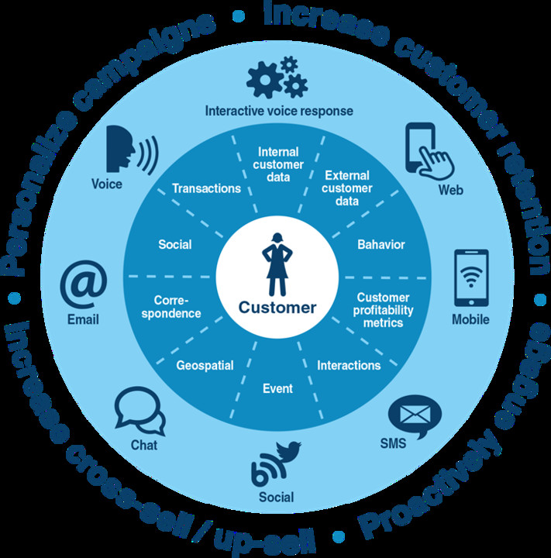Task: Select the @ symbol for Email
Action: pyautogui.click(x=83, y=284)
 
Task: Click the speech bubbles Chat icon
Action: pyautogui.click(x=140, y=411)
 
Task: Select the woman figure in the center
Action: pyautogui.click(x=277, y=263)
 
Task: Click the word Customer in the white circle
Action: pyautogui.click(x=277, y=308)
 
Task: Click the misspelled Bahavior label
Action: pyautogui.click(x=381, y=245)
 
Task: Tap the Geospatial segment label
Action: pyautogui.click(x=205, y=365)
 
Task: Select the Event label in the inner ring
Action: pyautogui.click(x=277, y=388)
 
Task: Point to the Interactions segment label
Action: pyautogui.click(x=349, y=365)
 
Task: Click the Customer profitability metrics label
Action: pyautogui.click(x=383, y=310)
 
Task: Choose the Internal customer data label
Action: pyautogui.click(x=277, y=164)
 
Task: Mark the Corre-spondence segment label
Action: pyautogui.click(x=177, y=306)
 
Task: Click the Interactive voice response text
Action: pyautogui.click(x=279, y=111)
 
